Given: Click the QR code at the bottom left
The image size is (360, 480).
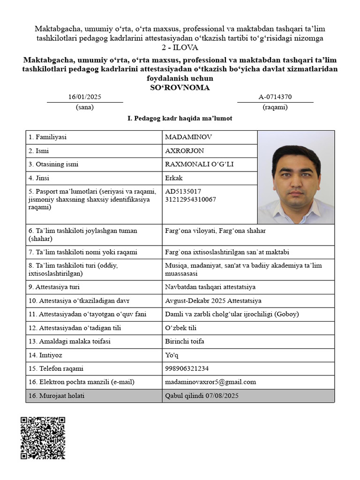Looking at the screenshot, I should click(x=43, y=437).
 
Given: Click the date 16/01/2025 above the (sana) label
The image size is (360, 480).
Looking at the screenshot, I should click(x=85, y=97).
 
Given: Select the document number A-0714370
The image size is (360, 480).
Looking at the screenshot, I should click(x=275, y=97).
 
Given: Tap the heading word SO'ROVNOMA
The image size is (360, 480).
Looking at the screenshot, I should click(x=180, y=87).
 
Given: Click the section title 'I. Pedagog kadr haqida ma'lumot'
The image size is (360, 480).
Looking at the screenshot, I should click(x=180, y=119).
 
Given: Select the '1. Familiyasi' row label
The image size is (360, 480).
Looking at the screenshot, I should click(x=47, y=137).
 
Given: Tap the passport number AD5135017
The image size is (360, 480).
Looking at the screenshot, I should click(x=183, y=191).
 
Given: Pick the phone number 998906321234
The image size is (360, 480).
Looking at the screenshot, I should click(x=186, y=368).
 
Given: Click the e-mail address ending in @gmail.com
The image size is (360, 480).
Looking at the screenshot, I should click(x=210, y=382).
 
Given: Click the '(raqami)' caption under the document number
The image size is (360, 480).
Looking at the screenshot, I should click(x=275, y=107).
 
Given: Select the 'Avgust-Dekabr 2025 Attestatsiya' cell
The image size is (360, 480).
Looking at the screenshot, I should click(x=213, y=300).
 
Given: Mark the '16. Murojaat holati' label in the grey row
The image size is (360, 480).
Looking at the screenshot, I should click(x=57, y=396).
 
